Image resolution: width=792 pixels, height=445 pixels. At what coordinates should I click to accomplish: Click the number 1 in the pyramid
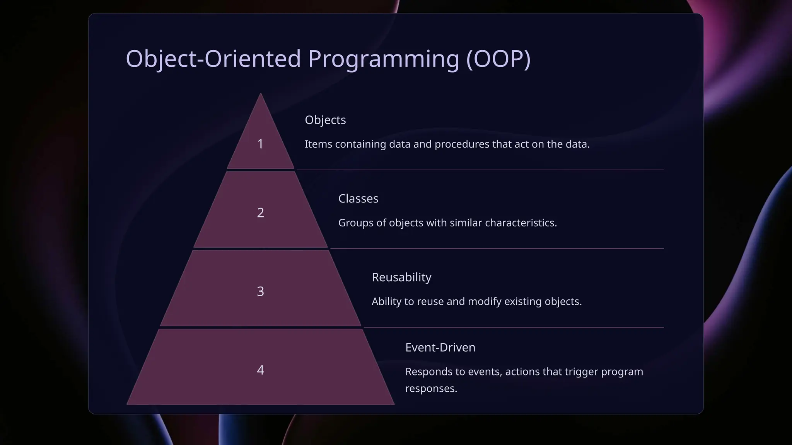coord(260,144)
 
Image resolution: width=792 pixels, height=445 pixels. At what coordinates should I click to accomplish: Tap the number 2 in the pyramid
coord(260,212)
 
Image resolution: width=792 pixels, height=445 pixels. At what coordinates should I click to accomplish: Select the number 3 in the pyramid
coord(260,291)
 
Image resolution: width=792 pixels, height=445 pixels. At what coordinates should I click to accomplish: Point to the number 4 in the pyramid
coord(260,370)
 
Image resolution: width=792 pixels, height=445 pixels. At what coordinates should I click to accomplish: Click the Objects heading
coord(325,120)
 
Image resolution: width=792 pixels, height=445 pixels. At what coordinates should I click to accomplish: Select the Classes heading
coord(358,199)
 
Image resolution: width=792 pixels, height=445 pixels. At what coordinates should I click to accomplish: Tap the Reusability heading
coord(401,277)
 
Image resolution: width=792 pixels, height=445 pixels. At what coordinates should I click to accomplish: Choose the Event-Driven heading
coord(440,347)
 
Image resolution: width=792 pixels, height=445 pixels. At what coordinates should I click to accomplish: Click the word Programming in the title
coord(383,59)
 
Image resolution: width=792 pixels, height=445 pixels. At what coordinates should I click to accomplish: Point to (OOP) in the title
coord(498,59)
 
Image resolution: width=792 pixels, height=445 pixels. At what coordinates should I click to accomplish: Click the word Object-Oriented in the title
coord(213,59)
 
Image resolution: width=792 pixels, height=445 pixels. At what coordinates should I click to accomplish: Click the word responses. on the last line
coord(431,389)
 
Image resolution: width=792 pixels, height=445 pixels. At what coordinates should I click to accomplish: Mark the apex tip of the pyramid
coord(260,94)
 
